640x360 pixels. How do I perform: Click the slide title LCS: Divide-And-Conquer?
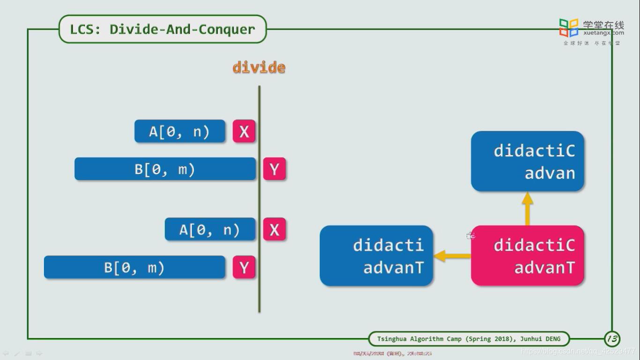click(x=162, y=30)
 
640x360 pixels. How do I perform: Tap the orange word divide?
click(x=259, y=67)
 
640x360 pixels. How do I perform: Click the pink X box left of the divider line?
click(x=244, y=132)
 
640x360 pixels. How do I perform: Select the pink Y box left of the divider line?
click(x=244, y=268)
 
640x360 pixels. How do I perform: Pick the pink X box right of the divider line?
click(x=274, y=230)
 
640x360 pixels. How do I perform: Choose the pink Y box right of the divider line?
click(x=274, y=169)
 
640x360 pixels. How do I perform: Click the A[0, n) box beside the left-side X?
click(x=179, y=132)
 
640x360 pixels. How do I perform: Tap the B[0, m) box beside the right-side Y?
click(x=165, y=169)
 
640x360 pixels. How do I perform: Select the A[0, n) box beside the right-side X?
click(x=210, y=230)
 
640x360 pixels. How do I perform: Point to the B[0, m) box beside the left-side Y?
click(x=134, y=268)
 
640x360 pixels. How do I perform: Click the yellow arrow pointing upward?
click(x=528, y=209)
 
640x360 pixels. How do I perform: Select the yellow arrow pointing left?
click(x=452, y=256)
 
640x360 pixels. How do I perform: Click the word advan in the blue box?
click(x=550, y=173)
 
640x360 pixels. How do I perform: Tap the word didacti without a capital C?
click(x=388, y=245)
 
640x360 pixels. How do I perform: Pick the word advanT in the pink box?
click(x=544, y=268)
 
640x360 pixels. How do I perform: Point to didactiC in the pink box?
click(x=534, y=245)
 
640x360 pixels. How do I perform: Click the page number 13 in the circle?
click(x=612, y=338)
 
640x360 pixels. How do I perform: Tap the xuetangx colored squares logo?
click(x=569, y=28)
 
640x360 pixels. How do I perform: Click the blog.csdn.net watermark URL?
click(x=578, y=351)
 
